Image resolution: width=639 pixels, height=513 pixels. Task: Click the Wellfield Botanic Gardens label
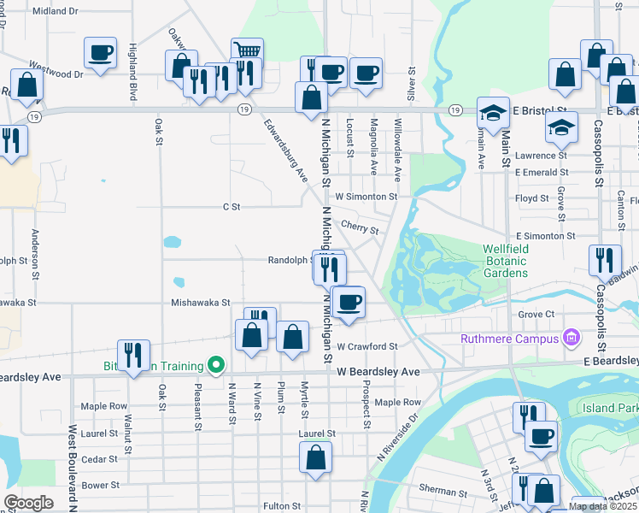(x=505, y=261)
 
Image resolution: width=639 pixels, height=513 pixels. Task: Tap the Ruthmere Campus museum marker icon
(x=570, y=339)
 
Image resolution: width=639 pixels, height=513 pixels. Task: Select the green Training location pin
(x=216, y=366)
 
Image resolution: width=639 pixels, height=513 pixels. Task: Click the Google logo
(x=28, y=503)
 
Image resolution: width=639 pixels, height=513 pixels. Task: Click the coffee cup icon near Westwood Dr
(x=100, y=53)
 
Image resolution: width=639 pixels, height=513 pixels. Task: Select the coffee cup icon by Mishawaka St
(x=349, y=302)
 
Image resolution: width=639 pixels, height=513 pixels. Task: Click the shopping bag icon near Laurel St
(x=315, y=457)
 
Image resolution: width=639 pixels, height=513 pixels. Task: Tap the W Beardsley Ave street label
(x=378, y=373)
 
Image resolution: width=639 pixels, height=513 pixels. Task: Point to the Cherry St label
(x=359, y=227)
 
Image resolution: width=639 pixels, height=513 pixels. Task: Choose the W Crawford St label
(x=367, y=346)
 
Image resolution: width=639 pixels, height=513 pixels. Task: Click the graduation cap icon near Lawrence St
(x=561, y=127)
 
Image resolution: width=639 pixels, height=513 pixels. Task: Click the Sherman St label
(x=443, y=492)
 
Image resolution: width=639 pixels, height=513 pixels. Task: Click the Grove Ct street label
(x=536, y=315)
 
